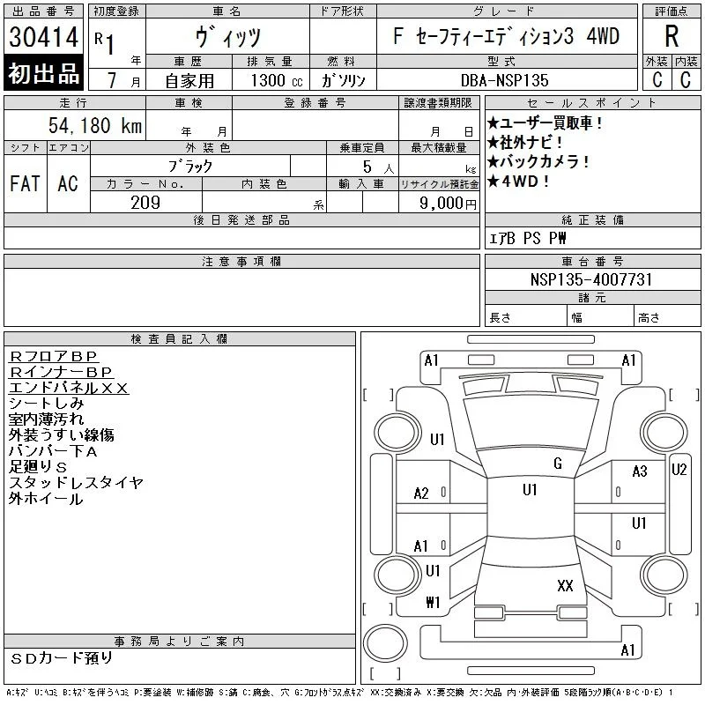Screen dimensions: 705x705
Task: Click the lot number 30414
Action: tap(43, 37)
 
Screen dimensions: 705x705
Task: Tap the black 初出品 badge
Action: tap(43, 73)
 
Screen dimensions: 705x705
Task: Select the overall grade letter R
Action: tap(672, 36)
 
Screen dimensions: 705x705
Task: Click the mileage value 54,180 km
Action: tap(95, 125)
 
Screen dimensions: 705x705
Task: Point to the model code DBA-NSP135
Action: tap(504, 80)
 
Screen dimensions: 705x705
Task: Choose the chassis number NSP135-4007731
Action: tap(590, 279)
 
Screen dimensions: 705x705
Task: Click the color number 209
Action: tap(145, 203)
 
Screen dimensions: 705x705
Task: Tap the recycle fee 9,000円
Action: tap(448, 204)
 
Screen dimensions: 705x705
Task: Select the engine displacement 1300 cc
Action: tap(277, 80)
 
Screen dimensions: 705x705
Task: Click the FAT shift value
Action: tap(26, 183)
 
